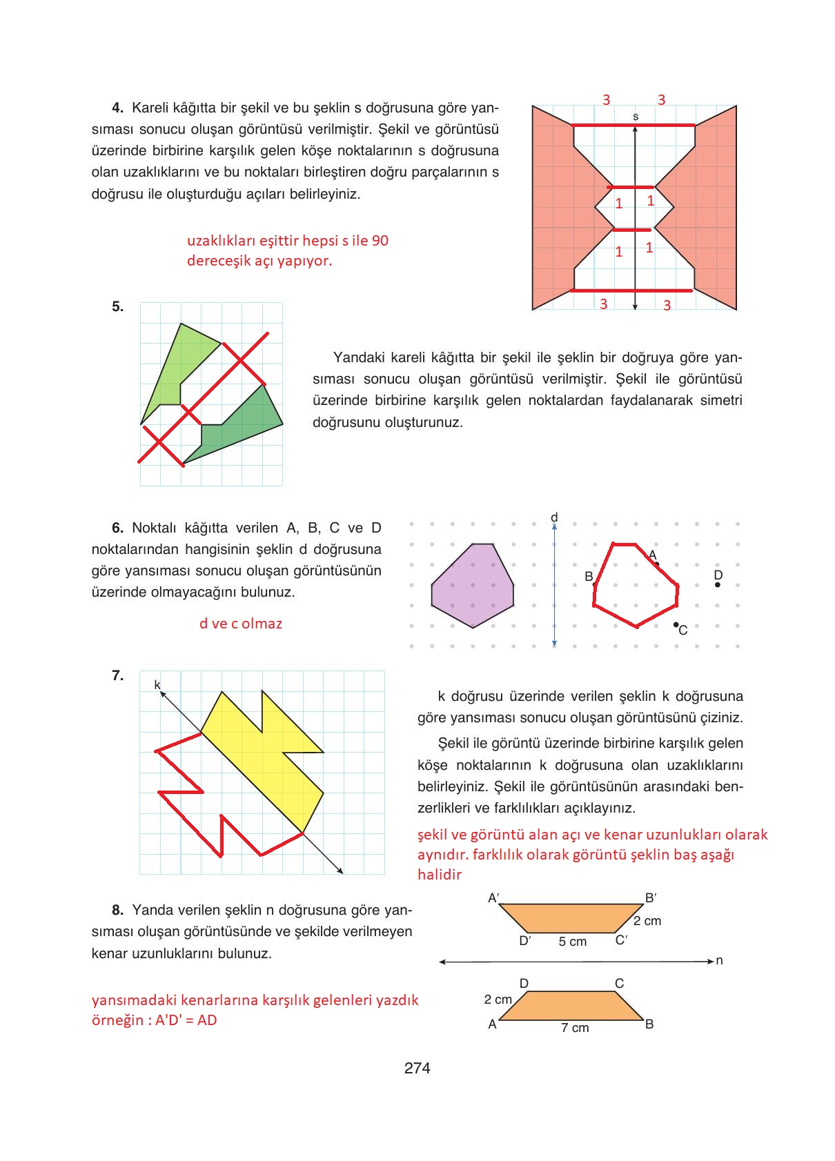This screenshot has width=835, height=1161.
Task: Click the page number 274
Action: point(417,1068)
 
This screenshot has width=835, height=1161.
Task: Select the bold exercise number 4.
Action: point(117,108)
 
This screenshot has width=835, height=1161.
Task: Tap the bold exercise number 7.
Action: point(117,675)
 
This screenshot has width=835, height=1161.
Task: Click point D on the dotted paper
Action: point(718,584)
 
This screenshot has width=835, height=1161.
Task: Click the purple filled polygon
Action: point(473,586)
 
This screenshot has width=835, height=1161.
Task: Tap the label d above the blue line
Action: point(554,517)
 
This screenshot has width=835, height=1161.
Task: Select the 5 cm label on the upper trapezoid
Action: point(572,942)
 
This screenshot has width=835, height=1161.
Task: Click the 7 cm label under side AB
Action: point(575,1028)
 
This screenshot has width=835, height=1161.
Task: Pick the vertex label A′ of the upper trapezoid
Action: point(493,897)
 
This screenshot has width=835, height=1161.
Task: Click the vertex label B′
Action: point(650,897)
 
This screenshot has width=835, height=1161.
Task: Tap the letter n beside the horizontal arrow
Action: point(719,960)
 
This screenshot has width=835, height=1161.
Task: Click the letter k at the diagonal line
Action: point(157,684)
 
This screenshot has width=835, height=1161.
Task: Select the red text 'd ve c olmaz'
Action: point(241,624)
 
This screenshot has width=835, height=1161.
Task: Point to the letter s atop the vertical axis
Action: point(636,117)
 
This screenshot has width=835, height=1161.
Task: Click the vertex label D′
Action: point(524,940)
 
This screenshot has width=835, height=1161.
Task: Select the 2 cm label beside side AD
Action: point(498,999)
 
